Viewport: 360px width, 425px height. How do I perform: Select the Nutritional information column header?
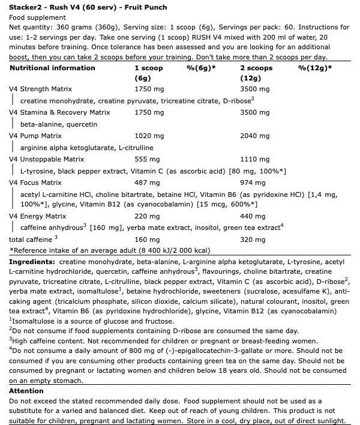point(52,68)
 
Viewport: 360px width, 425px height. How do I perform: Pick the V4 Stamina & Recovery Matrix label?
point(57,112)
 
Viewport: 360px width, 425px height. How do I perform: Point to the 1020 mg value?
point(147,136)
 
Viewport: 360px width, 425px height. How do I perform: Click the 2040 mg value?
point(251,136)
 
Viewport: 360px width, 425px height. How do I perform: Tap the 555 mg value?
point(145,159)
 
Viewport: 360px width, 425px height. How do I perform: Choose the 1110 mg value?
point(251,159)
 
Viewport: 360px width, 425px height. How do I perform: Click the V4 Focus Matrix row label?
point(35,182)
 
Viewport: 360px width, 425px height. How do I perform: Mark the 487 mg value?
point(145,182)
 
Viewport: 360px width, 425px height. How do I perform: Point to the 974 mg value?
point(250,182)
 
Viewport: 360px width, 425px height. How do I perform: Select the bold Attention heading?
point(26,391)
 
